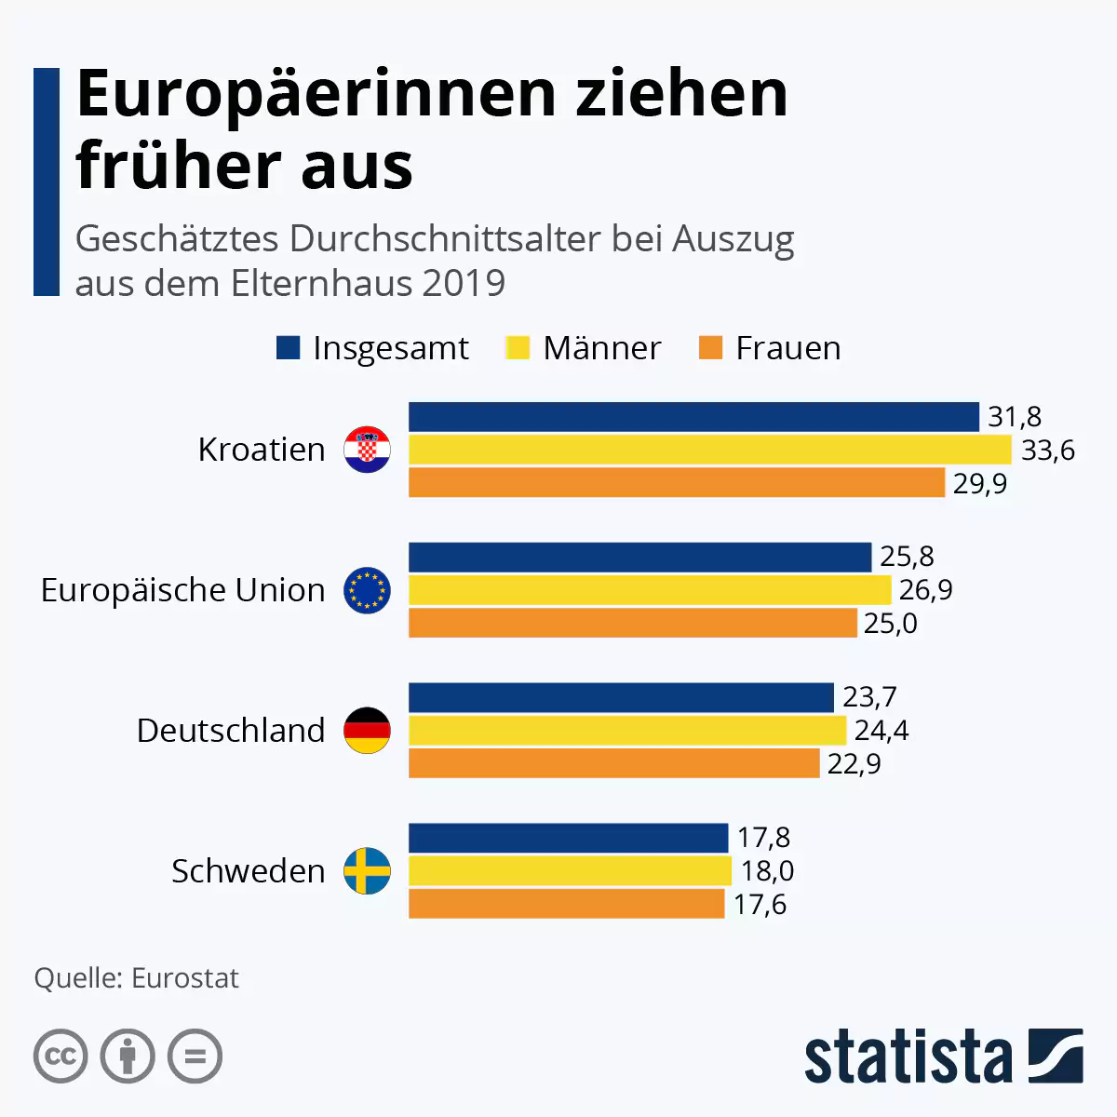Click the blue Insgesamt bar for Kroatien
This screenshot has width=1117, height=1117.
(693, 417)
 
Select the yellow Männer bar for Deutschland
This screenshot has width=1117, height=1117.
(627, 731)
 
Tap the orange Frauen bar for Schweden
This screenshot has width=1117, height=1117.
(566, 904)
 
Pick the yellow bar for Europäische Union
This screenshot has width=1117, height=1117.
(650, 590)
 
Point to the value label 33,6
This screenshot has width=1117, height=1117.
(1048, 451)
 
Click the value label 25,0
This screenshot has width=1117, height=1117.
(891, 624)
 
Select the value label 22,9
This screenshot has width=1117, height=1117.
(854, 764)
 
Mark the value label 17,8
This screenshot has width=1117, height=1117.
(763, 838)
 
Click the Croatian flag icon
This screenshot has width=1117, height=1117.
(368, 451)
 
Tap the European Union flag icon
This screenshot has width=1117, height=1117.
(368, 590)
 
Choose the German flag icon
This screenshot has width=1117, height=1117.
(368, 731)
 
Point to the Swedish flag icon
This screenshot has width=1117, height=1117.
(368, 871)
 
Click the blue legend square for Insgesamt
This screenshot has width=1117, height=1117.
(289, 348)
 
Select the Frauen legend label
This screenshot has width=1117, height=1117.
(787, 348)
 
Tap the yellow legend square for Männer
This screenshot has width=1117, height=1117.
(518, 348)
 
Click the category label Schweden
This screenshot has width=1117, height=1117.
(249, 871)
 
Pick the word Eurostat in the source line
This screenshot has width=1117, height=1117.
(185, 978)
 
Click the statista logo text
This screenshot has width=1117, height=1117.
(908, 1056)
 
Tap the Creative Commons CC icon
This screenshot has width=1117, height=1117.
(61, 1056)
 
